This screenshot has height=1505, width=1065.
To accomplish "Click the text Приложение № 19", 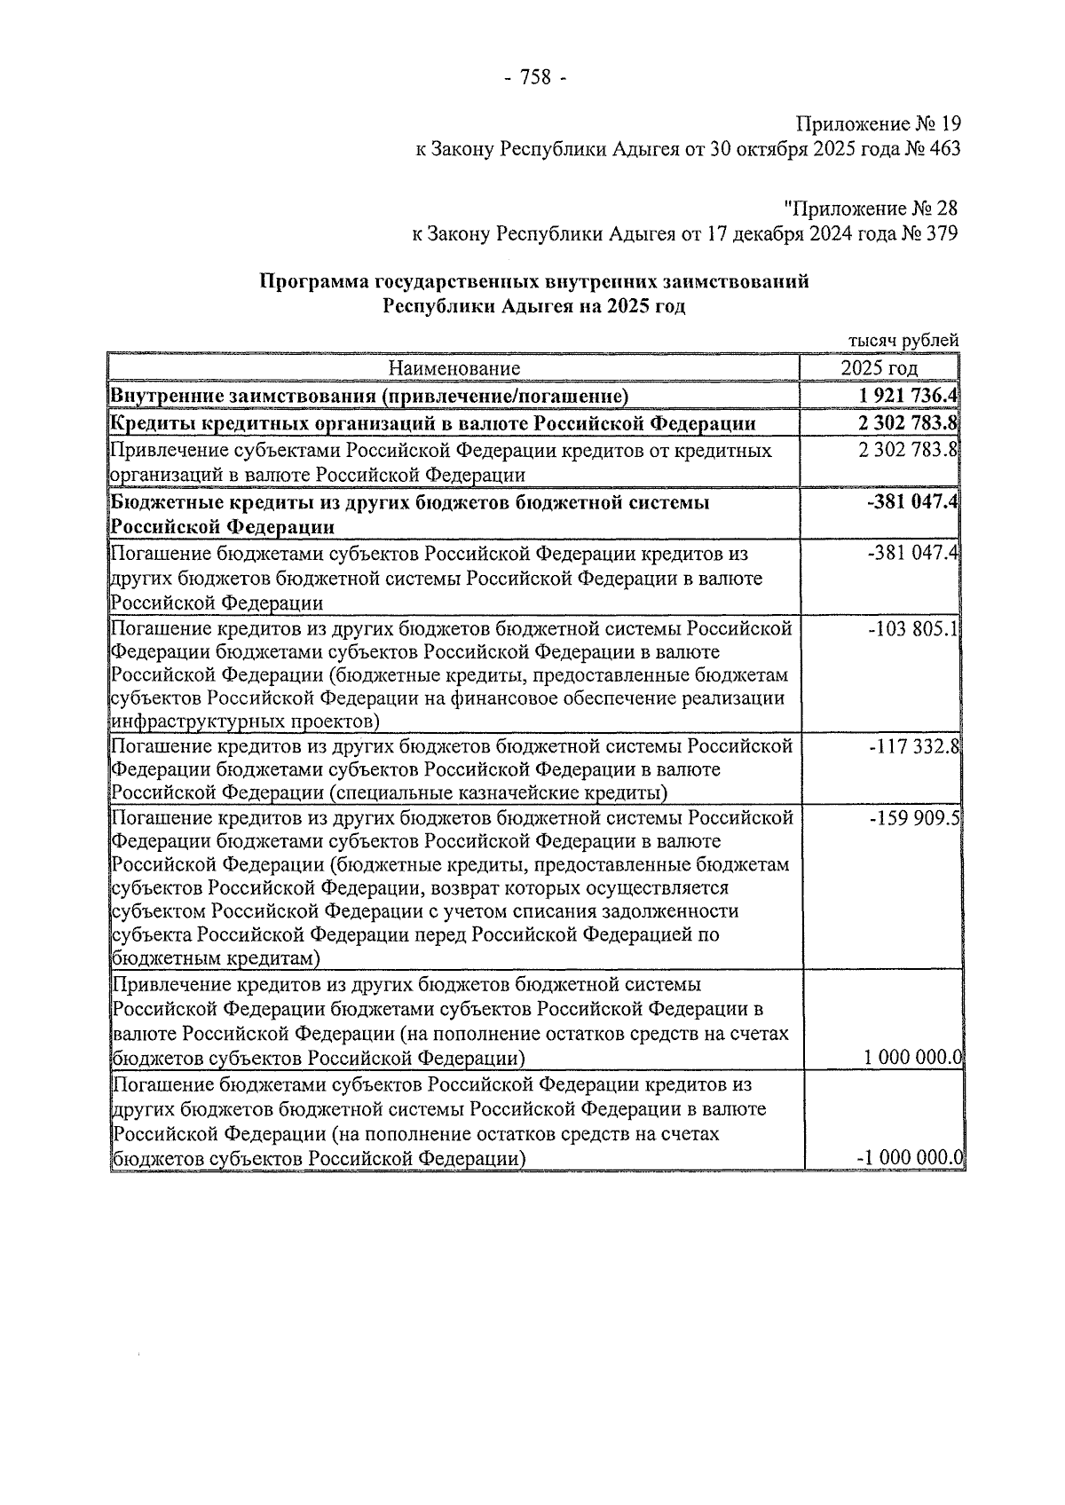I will pyautogui.click(x=878, y=124).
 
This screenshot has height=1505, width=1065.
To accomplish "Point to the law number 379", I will pyautogui.click(x=942, y=234).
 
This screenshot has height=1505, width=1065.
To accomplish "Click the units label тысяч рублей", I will pyautogui.click(x=903, y=340).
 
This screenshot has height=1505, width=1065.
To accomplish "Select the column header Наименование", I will pyautogui.click(x=454, y=368).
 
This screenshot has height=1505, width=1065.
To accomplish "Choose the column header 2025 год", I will pyautogui.click(x=879, y=368).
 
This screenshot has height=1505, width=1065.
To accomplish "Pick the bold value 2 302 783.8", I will pyautogui.click(x=906, y=423).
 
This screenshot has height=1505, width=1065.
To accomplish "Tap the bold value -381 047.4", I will pyautogui.click(x=913, y=503).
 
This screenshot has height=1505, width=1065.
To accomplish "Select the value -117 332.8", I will pyautogui.click(x=914, y=746).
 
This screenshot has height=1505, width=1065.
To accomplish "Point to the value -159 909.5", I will pyautogui.click(x=914, y=817).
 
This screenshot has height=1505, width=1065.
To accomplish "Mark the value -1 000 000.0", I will pyautogui.click(x=910, y=1158).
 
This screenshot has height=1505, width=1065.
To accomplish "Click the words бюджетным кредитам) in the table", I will pyautogui.click(x=216, y=959).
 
